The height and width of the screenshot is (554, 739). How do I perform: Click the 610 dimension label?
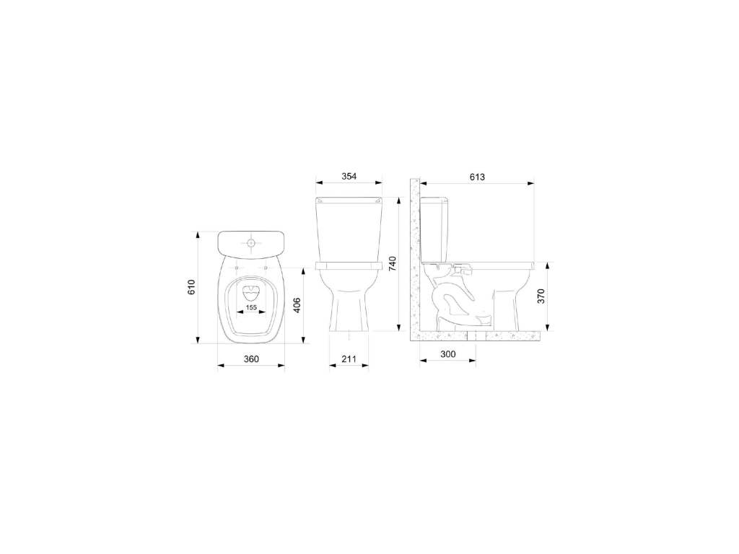click(191, 287)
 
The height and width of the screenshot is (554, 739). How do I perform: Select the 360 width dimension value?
click(251, 359)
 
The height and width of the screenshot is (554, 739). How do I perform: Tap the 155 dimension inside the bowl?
click(251, 307)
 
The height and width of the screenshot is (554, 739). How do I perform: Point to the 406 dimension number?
click(297, 305)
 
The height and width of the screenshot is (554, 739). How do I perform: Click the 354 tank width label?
click(349, 176)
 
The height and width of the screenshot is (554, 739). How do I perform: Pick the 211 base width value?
click(349, 359)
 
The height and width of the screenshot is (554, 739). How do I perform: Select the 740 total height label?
click(392, 264)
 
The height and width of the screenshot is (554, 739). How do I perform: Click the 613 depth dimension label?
click(477, 177)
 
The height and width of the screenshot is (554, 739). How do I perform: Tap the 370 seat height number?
click(541, 296)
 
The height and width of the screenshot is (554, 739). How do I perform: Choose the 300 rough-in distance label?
click(447, 353)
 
